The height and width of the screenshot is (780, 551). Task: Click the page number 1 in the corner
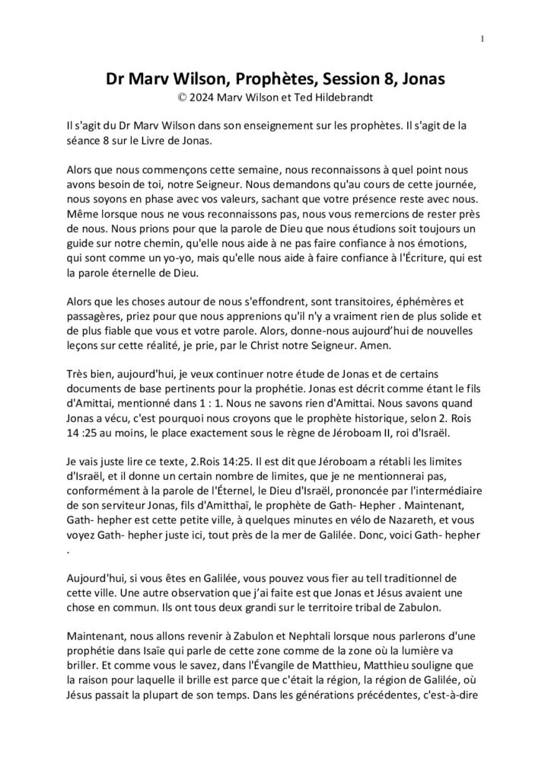click(x=483, y=39)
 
